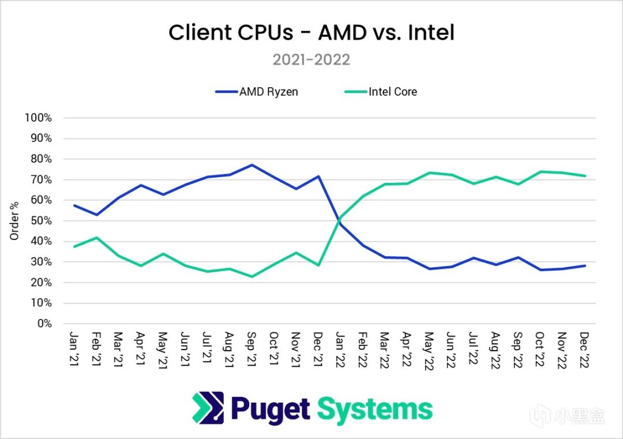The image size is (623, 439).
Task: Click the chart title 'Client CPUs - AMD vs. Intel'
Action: (x=311, y=33)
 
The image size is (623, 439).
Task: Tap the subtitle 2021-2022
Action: (x=311, y=60)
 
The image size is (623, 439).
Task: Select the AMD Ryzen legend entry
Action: (x=257, y=92)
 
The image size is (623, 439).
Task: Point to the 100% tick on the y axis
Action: (x=39, y=118)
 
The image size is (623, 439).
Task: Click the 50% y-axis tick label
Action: (x=41, y=221)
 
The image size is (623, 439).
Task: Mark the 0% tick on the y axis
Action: (x=44, y=324)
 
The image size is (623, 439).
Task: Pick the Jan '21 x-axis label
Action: (x=74, y=348)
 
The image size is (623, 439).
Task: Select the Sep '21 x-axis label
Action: (x=252, y=348)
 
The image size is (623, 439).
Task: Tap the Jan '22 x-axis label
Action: (x=341, y=348)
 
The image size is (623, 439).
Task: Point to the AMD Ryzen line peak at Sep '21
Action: (x=252, y=165)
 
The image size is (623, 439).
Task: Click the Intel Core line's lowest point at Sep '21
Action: (x=252, y=276)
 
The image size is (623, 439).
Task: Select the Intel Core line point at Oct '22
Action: (x=541, y=171)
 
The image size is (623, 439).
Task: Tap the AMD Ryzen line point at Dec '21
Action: (x=318, y=176)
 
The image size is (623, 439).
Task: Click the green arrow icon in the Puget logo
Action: (x=208, y=408)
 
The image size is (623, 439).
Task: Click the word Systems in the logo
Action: (x=375, y=408)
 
